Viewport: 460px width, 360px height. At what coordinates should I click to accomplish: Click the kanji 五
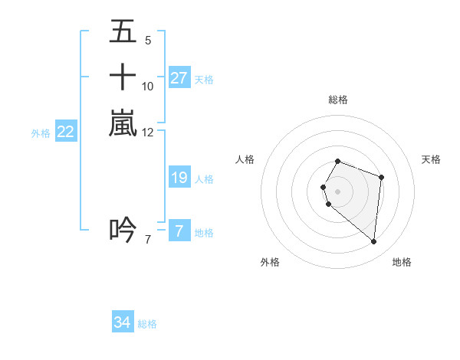(123, 33)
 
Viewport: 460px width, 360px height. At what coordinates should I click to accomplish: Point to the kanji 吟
(123, 229)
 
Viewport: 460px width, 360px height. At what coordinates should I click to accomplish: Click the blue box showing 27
(179, 77)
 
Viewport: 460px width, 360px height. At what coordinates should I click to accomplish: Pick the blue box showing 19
(179, 178)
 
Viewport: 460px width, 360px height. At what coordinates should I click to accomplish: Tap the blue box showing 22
(66, 132)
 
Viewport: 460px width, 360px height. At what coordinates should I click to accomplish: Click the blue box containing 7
(179, 231)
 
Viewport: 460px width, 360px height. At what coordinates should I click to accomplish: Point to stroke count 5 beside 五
(147, 41)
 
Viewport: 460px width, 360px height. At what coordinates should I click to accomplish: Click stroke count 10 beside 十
(147, 86)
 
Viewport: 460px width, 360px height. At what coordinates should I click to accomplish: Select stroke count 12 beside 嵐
(147, 132)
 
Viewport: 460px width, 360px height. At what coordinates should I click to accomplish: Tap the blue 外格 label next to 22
(41, 133)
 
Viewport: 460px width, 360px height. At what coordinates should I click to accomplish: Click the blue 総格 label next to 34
(147, 324)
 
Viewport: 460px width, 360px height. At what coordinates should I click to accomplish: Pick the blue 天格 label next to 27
(204, 79)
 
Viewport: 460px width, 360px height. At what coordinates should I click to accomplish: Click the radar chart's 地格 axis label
(402, 262)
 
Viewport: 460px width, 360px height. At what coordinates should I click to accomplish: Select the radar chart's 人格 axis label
(245, 159)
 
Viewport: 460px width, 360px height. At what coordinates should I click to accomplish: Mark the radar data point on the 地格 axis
(373, 242)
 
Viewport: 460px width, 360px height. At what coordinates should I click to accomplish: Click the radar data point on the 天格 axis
(381, 177)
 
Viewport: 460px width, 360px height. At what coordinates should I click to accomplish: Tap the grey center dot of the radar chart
(337, 191)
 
